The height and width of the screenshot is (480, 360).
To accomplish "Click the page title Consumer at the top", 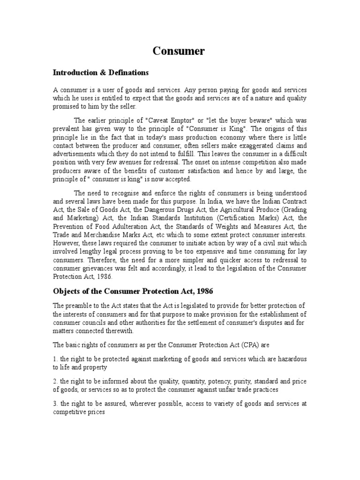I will (x=179, y=51).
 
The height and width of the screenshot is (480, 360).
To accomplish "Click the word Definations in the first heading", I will (x=127, y=73).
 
